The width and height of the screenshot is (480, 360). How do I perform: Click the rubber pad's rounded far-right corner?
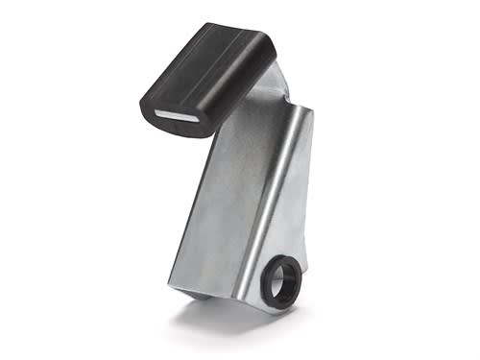coord(271,43)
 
